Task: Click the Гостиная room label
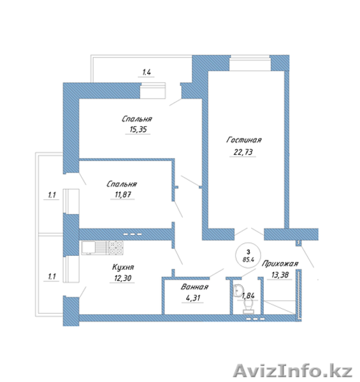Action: coord(244,140)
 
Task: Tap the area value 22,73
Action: coord(243,152)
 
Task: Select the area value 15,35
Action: coord(138,129)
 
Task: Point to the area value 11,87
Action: coord(122,194)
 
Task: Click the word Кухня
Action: coord(123,267)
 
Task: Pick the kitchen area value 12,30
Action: coord(122,278)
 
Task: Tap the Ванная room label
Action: coord(194,286)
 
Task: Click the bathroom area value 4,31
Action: coord(193,298)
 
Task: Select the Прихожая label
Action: coord(280,264)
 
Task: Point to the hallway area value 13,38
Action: coord(280,275)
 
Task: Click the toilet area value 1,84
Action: coord(248,295)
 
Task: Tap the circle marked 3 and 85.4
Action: coord(248,255)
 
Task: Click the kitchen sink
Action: coord(94,248)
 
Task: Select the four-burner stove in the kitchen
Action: coord(116,248)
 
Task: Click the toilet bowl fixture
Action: coord(248,306)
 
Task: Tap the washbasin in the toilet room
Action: coord(238,291)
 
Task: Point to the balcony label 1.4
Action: coord(147,72)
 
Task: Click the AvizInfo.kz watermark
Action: coord(293,371)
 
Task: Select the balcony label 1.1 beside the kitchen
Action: coord(52,276)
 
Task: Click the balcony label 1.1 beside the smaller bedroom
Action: coord(52,195)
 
